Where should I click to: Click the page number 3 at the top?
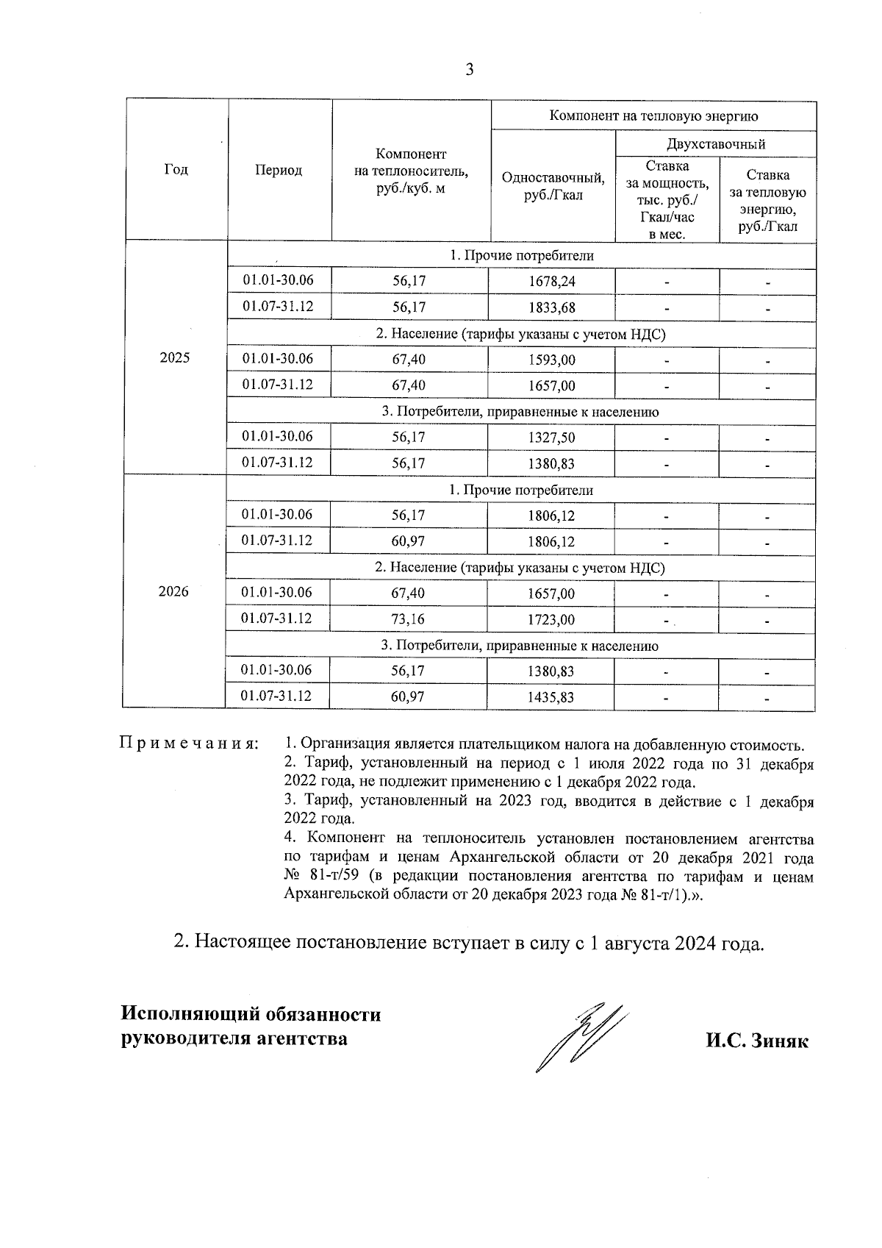coord(470,70)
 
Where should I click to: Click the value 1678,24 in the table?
coord(551,282)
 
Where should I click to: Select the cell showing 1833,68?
coord(551,307)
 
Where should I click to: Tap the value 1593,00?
coord(551,360)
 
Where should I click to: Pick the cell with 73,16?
coord(408,619)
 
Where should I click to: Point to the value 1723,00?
coord(551,619)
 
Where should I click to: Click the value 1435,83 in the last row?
coord(551,697)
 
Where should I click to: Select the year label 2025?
coord(175,358)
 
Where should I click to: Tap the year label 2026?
coord(174,592)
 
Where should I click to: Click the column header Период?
coord(279,170)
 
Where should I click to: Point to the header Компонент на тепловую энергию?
coord(654,115)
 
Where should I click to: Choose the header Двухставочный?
coord(716,143)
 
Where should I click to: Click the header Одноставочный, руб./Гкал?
coord(553,185)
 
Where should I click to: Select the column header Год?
coord(176,170)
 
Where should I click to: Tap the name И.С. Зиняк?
coord(757,1041)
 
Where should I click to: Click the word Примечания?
coord(189,744)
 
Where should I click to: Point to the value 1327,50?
coord(551,438)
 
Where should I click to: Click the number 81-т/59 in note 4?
coord(334,877)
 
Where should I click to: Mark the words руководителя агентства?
coord(234,1039)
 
